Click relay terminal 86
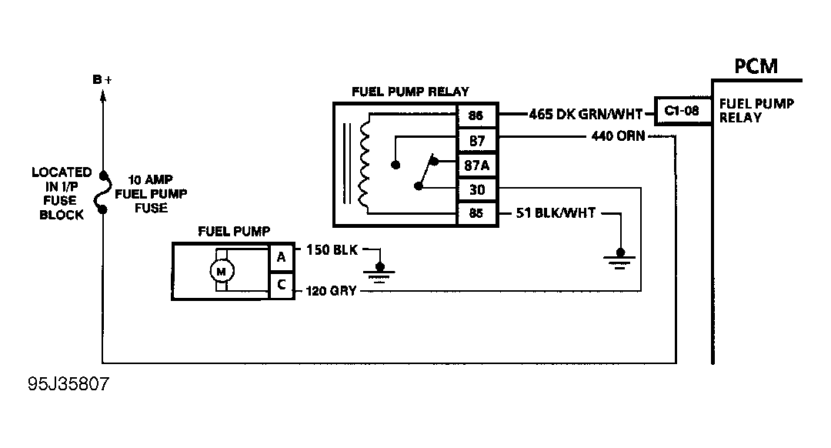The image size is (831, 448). click(476, 115)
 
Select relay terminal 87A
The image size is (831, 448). click(476, 165)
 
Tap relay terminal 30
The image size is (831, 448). click(476, 190)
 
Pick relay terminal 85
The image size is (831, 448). click(476, 213)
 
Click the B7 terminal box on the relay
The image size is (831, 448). click(476, 141)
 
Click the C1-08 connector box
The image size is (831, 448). click(682, 111)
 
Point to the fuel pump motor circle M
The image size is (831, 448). click(222, 271)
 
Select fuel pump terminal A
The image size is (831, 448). click(281, 257)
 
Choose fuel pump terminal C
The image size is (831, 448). click(281, 286)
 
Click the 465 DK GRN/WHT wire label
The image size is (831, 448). click(586, 114)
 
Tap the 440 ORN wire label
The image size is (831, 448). click(618, 136)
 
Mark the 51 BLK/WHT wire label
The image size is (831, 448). click(556, 213)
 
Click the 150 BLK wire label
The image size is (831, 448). click(332, 249)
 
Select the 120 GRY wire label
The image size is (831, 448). click(331, 290)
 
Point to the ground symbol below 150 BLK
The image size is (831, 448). click(379, 272)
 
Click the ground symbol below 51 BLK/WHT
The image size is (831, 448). click(619, 259)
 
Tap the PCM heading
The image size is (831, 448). click(756, 66)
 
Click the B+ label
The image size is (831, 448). click(102, 79)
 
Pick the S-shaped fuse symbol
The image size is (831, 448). click(103, 192)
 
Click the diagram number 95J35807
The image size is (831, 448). click(68, 384)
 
